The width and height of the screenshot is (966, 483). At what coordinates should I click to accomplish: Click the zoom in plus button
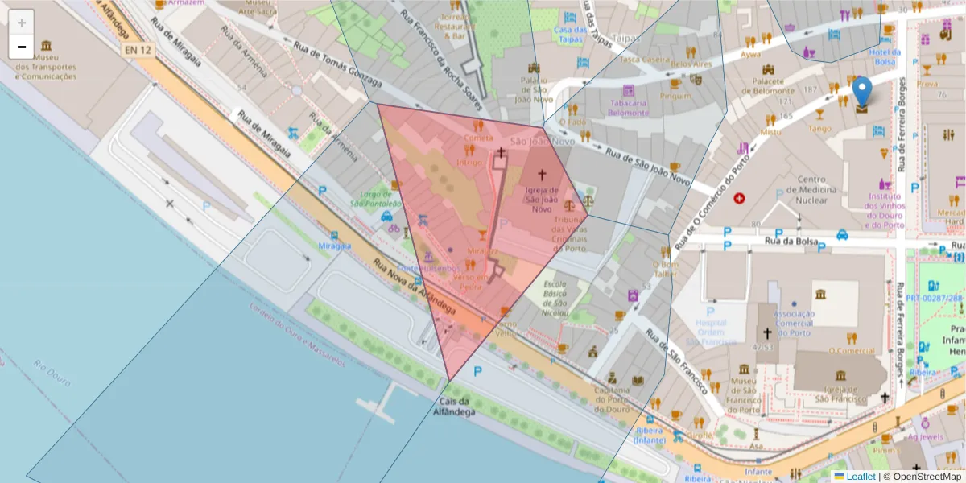coord(22,22)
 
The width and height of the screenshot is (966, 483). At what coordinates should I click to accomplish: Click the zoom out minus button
coord(22,47)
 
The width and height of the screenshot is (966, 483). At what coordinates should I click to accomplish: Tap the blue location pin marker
coord(862,93)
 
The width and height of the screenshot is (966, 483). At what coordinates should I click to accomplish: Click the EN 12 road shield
coord(138,50)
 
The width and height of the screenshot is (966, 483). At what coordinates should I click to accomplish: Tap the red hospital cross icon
coord(739,198)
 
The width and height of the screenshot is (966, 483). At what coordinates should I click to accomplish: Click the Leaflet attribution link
coord(861,477)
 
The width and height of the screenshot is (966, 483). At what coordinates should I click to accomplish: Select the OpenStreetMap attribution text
coord(926,477)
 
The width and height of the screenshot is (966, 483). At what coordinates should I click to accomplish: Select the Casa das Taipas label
coord(570,34)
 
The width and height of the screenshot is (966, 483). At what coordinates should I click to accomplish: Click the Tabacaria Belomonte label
coord(628,108)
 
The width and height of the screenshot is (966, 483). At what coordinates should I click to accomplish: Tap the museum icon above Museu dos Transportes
coord(46,46)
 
